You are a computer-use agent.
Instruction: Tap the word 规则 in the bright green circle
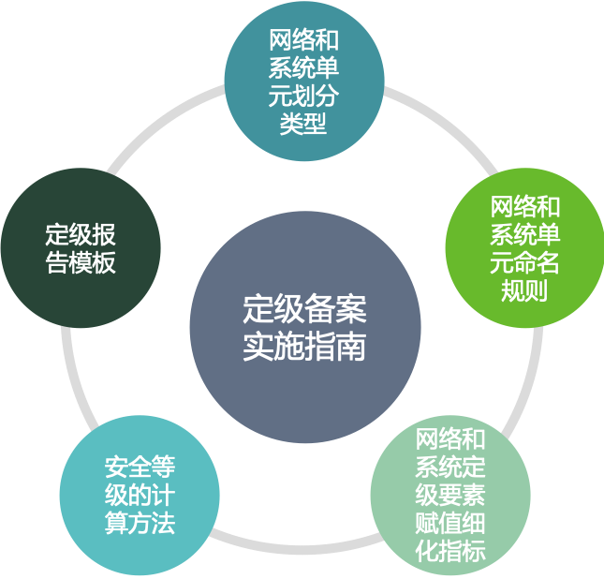pos(523,290)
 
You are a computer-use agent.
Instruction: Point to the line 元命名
pos(523,262)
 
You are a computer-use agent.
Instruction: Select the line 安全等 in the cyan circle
pos(140,466)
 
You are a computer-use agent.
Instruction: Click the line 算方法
pos(140,522)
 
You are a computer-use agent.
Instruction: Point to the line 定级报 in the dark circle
pos(81,234)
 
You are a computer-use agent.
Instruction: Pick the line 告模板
pos(81,262)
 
